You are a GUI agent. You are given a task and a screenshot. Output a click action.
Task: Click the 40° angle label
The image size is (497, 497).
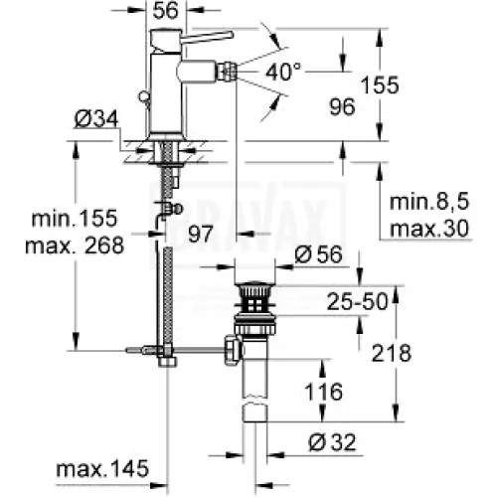coord(283,72)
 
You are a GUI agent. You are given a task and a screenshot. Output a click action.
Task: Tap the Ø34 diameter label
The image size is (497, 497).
coord(96,119)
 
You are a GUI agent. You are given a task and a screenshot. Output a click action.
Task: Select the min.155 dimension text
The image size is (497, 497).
coord(75,218)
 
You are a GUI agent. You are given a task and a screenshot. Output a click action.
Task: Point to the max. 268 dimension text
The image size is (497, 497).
coord(75,246)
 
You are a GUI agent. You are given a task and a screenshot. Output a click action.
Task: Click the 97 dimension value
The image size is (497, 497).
coord(201,234)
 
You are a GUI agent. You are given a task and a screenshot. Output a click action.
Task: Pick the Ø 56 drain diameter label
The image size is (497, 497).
coord(318,254)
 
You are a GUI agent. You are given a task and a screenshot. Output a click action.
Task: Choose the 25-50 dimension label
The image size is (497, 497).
coord(357,301)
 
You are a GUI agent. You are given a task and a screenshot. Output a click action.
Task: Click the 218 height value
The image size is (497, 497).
coord(392,353)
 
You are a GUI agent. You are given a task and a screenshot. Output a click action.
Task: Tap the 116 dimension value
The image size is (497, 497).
coord(323,392)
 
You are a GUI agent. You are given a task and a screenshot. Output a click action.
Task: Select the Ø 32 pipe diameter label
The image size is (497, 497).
coord(332,442)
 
